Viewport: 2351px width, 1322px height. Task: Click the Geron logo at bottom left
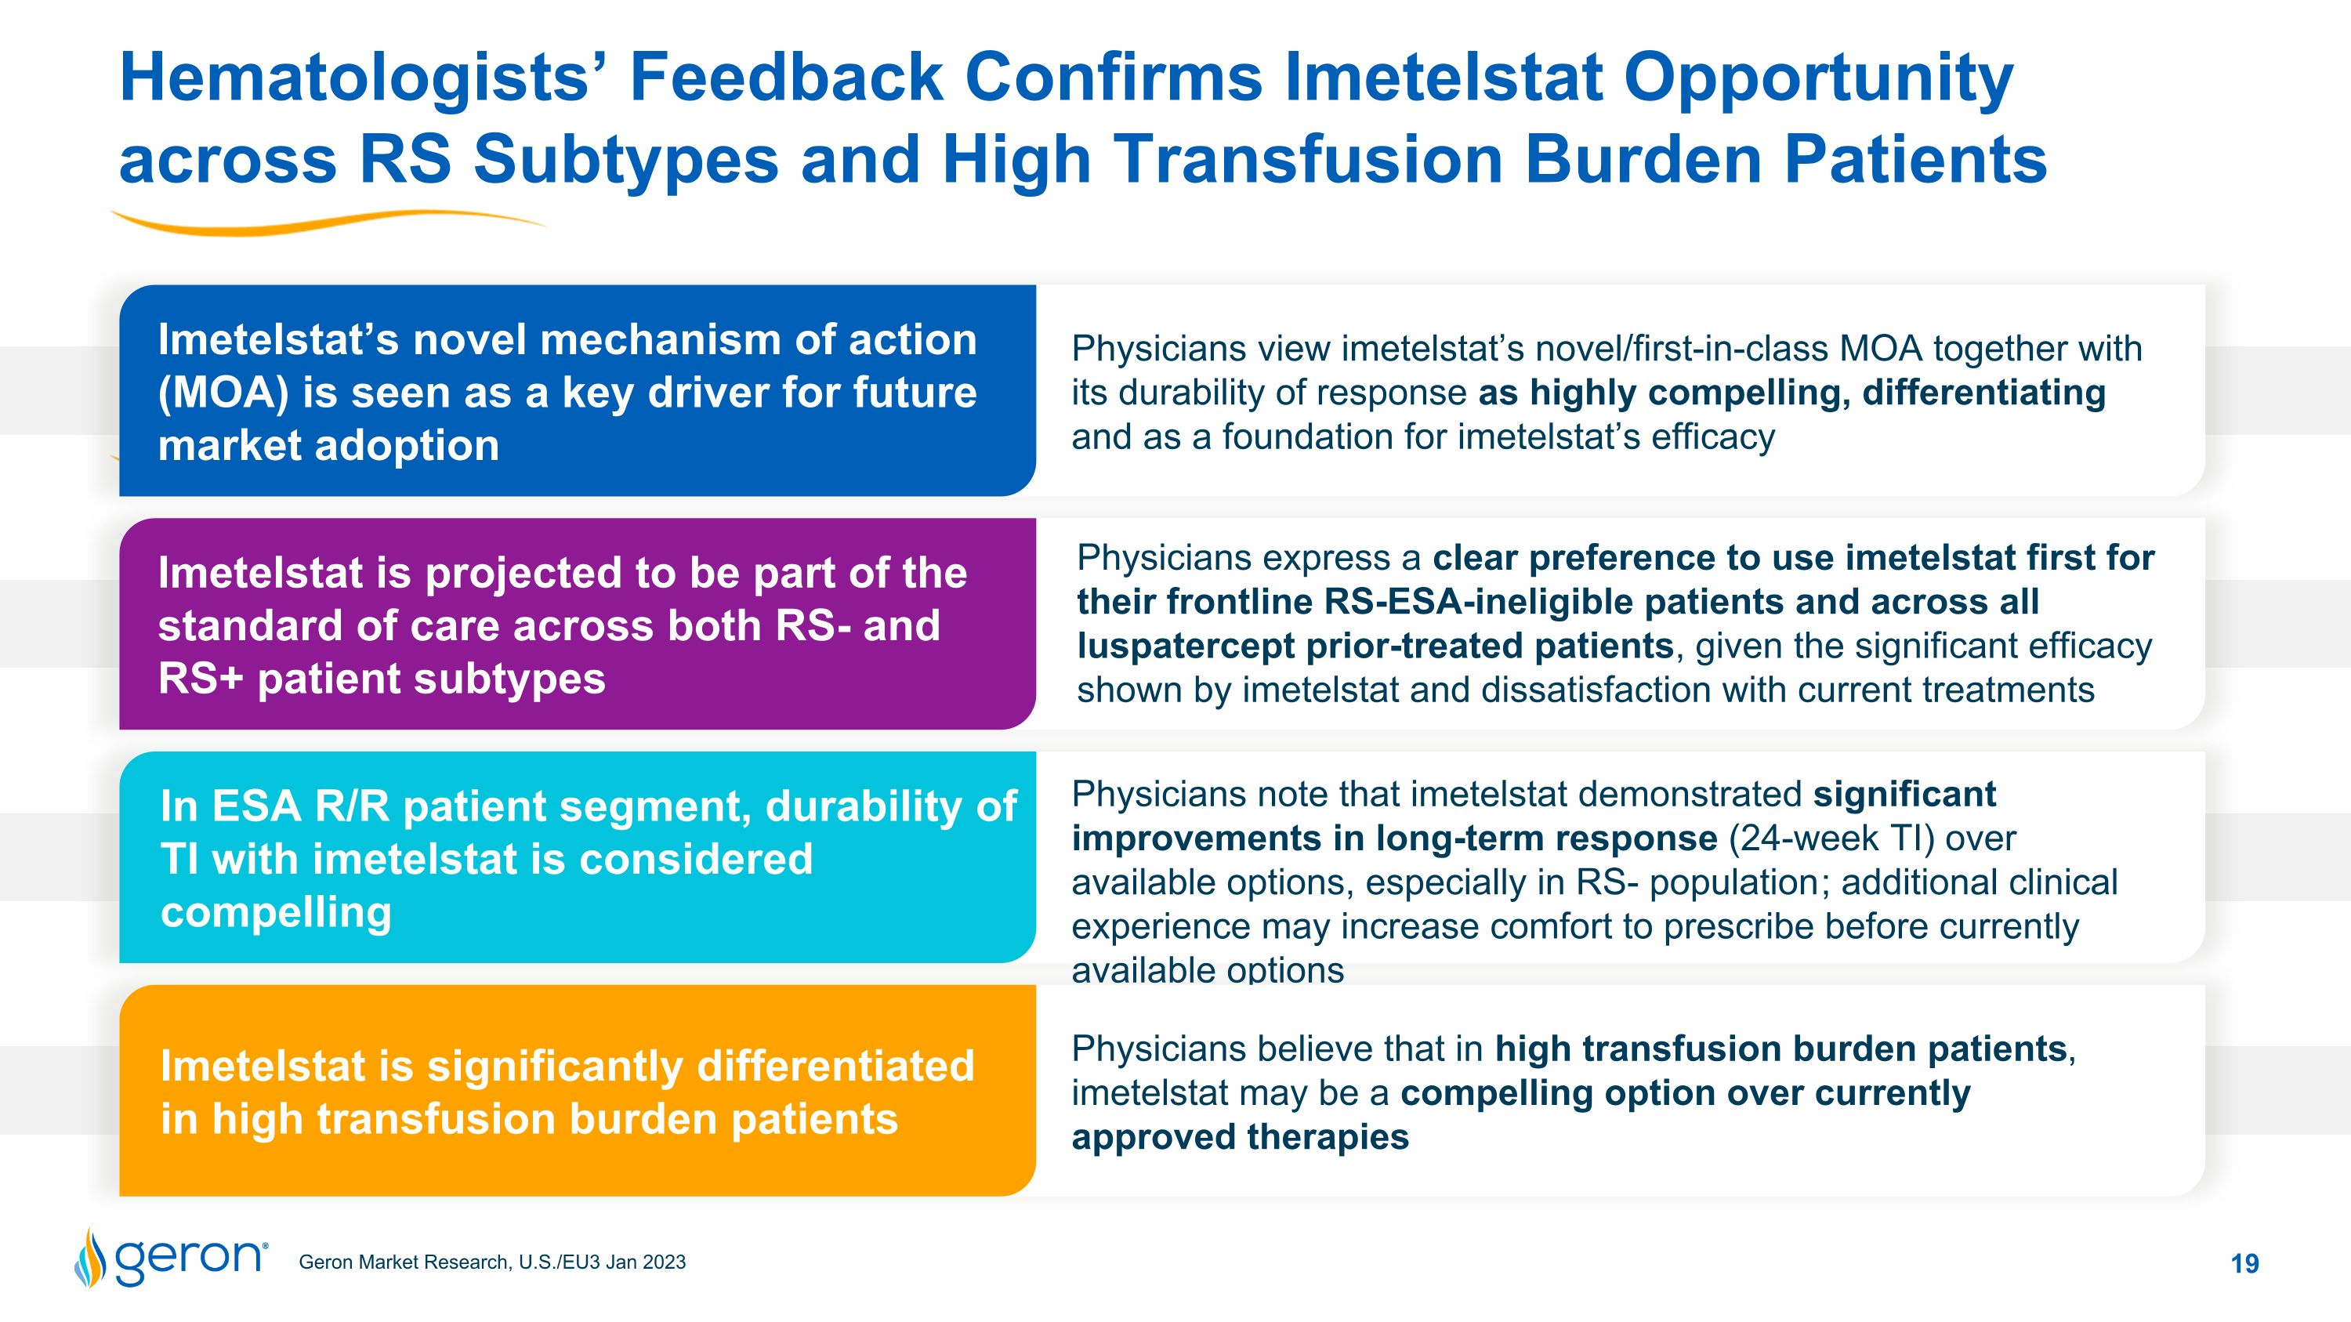[x=172, y=1259]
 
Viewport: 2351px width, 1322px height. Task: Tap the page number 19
[x=2244, y=1263]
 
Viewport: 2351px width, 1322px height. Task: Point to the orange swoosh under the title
[x=328, y=222]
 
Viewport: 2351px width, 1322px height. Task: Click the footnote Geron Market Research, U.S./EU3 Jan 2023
[x=492, y=1262]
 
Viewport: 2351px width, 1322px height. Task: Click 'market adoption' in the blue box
[x=328, y=446]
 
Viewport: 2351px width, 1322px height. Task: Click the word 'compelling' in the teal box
[x=276, y=912]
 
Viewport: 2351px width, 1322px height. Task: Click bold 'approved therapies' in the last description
[x=1240, y=1138]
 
